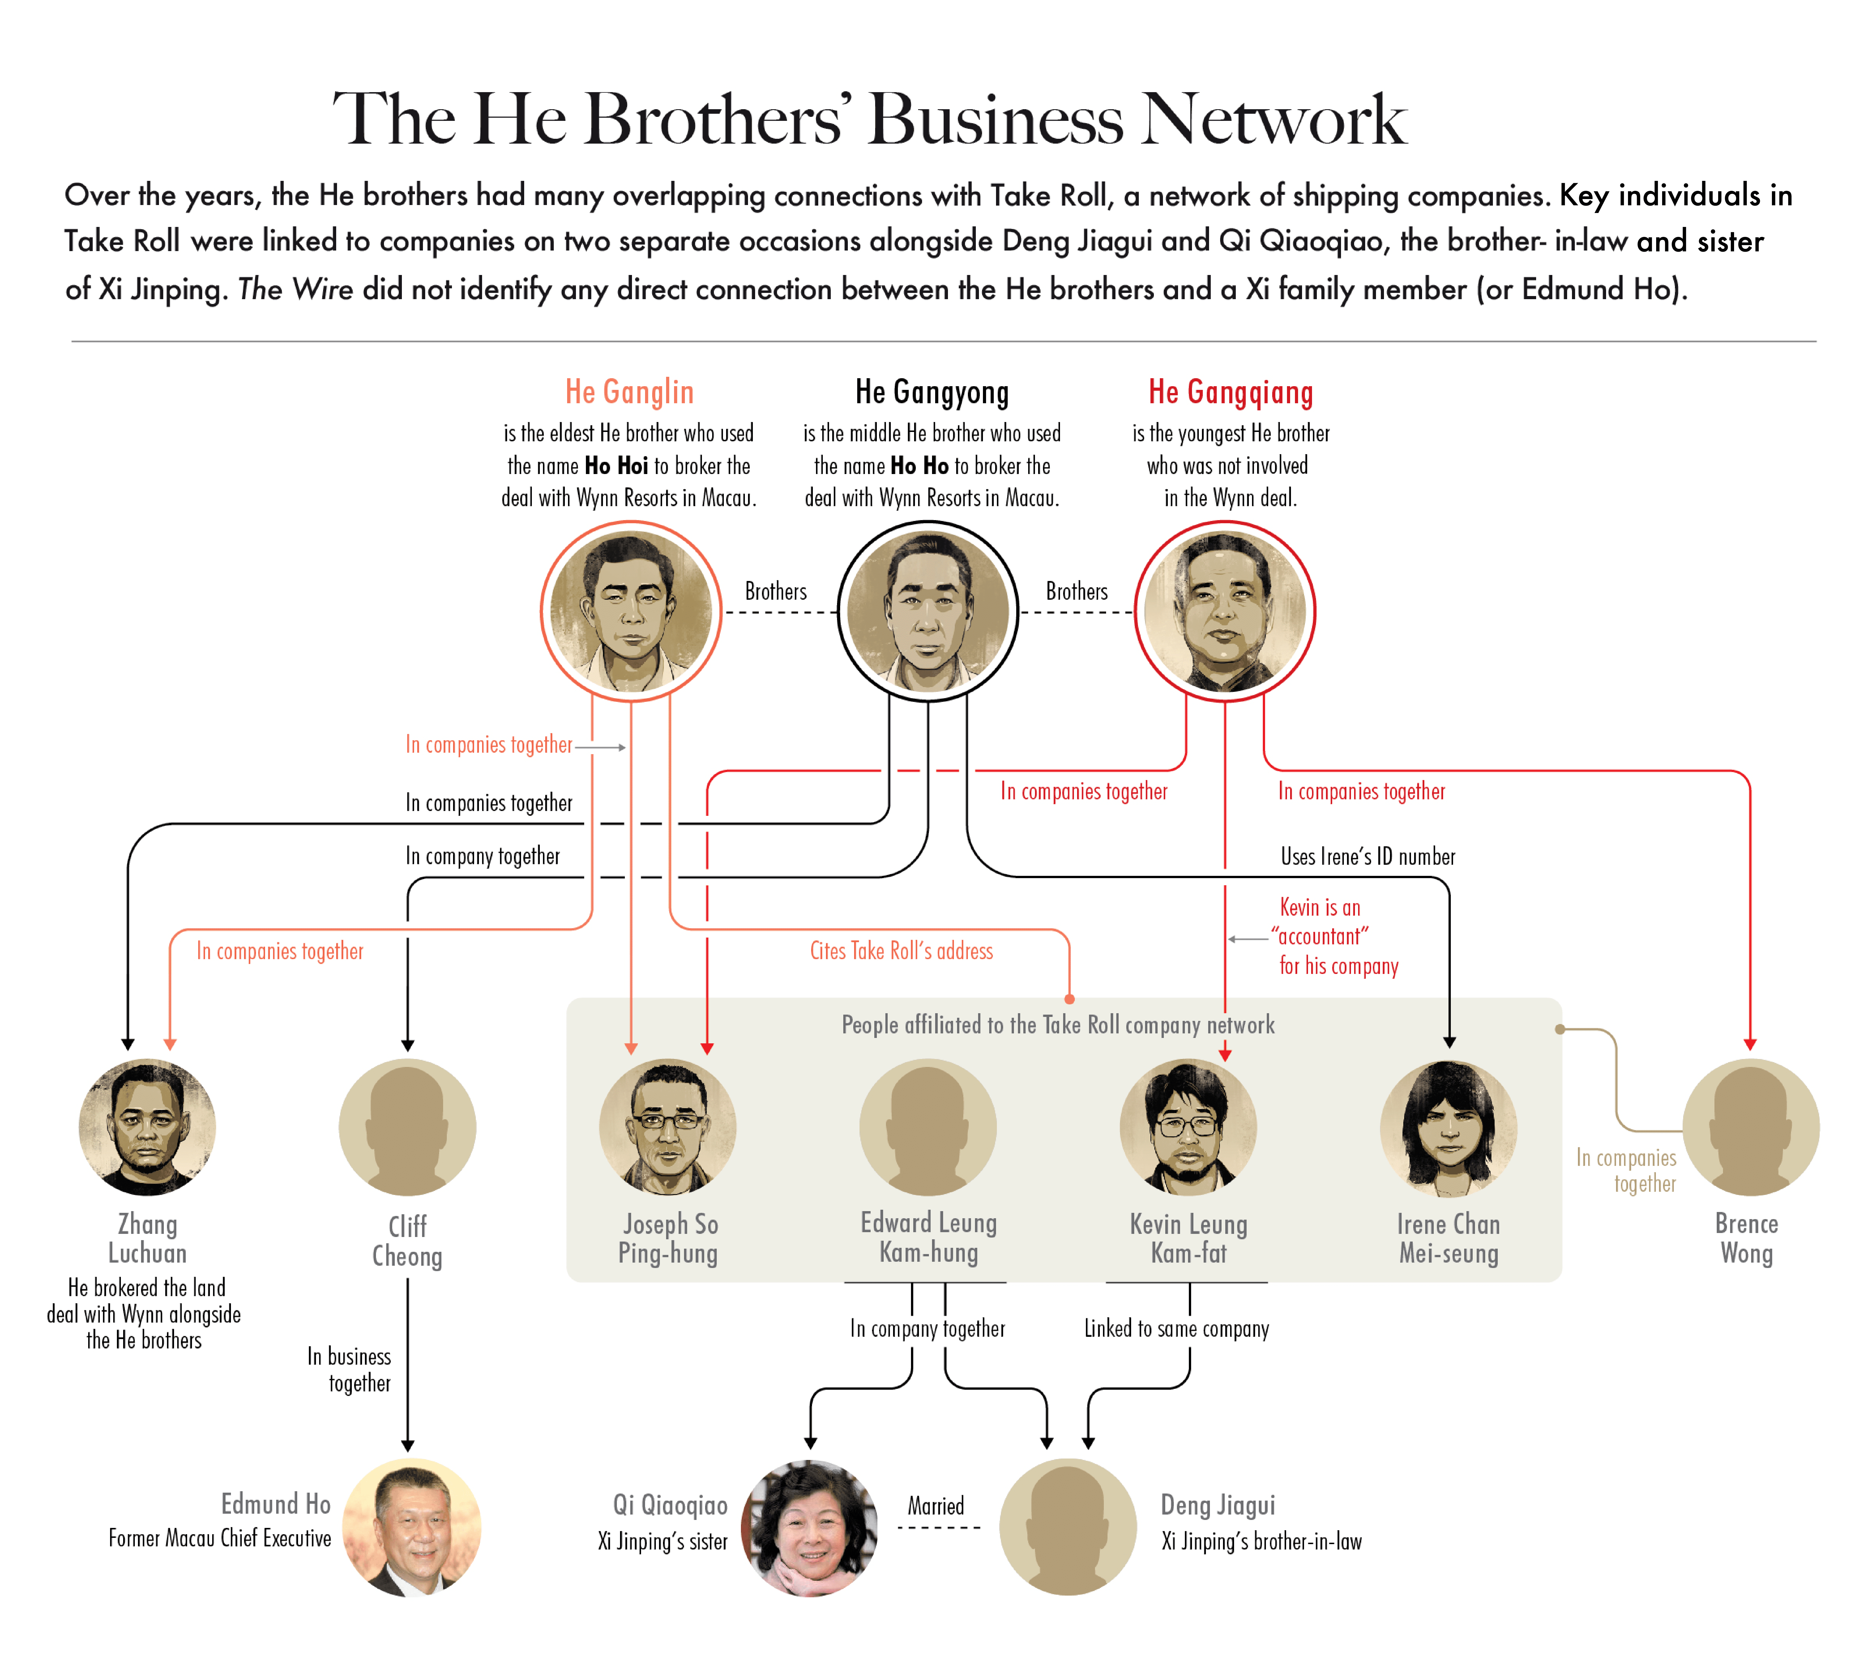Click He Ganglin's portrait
631,611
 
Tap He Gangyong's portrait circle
928,611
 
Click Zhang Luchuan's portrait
147,1127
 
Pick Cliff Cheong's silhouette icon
408,1127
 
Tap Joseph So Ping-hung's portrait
667,1127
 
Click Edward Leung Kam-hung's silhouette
928,1127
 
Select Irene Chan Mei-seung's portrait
1448,1127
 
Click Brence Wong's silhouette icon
1750,1127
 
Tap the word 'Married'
935,1506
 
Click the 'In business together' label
350,1369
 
